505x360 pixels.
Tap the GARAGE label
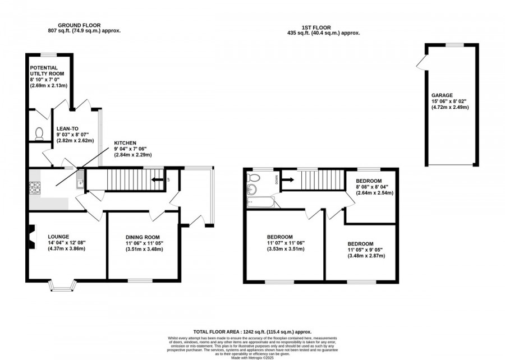click(x=442, y=95)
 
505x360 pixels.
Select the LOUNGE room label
click(x=58, y=237)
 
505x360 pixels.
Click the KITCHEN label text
click(x=126, y=144)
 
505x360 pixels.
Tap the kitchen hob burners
click(x=35, y=187)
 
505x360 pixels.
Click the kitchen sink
click(x=81, y=181)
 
